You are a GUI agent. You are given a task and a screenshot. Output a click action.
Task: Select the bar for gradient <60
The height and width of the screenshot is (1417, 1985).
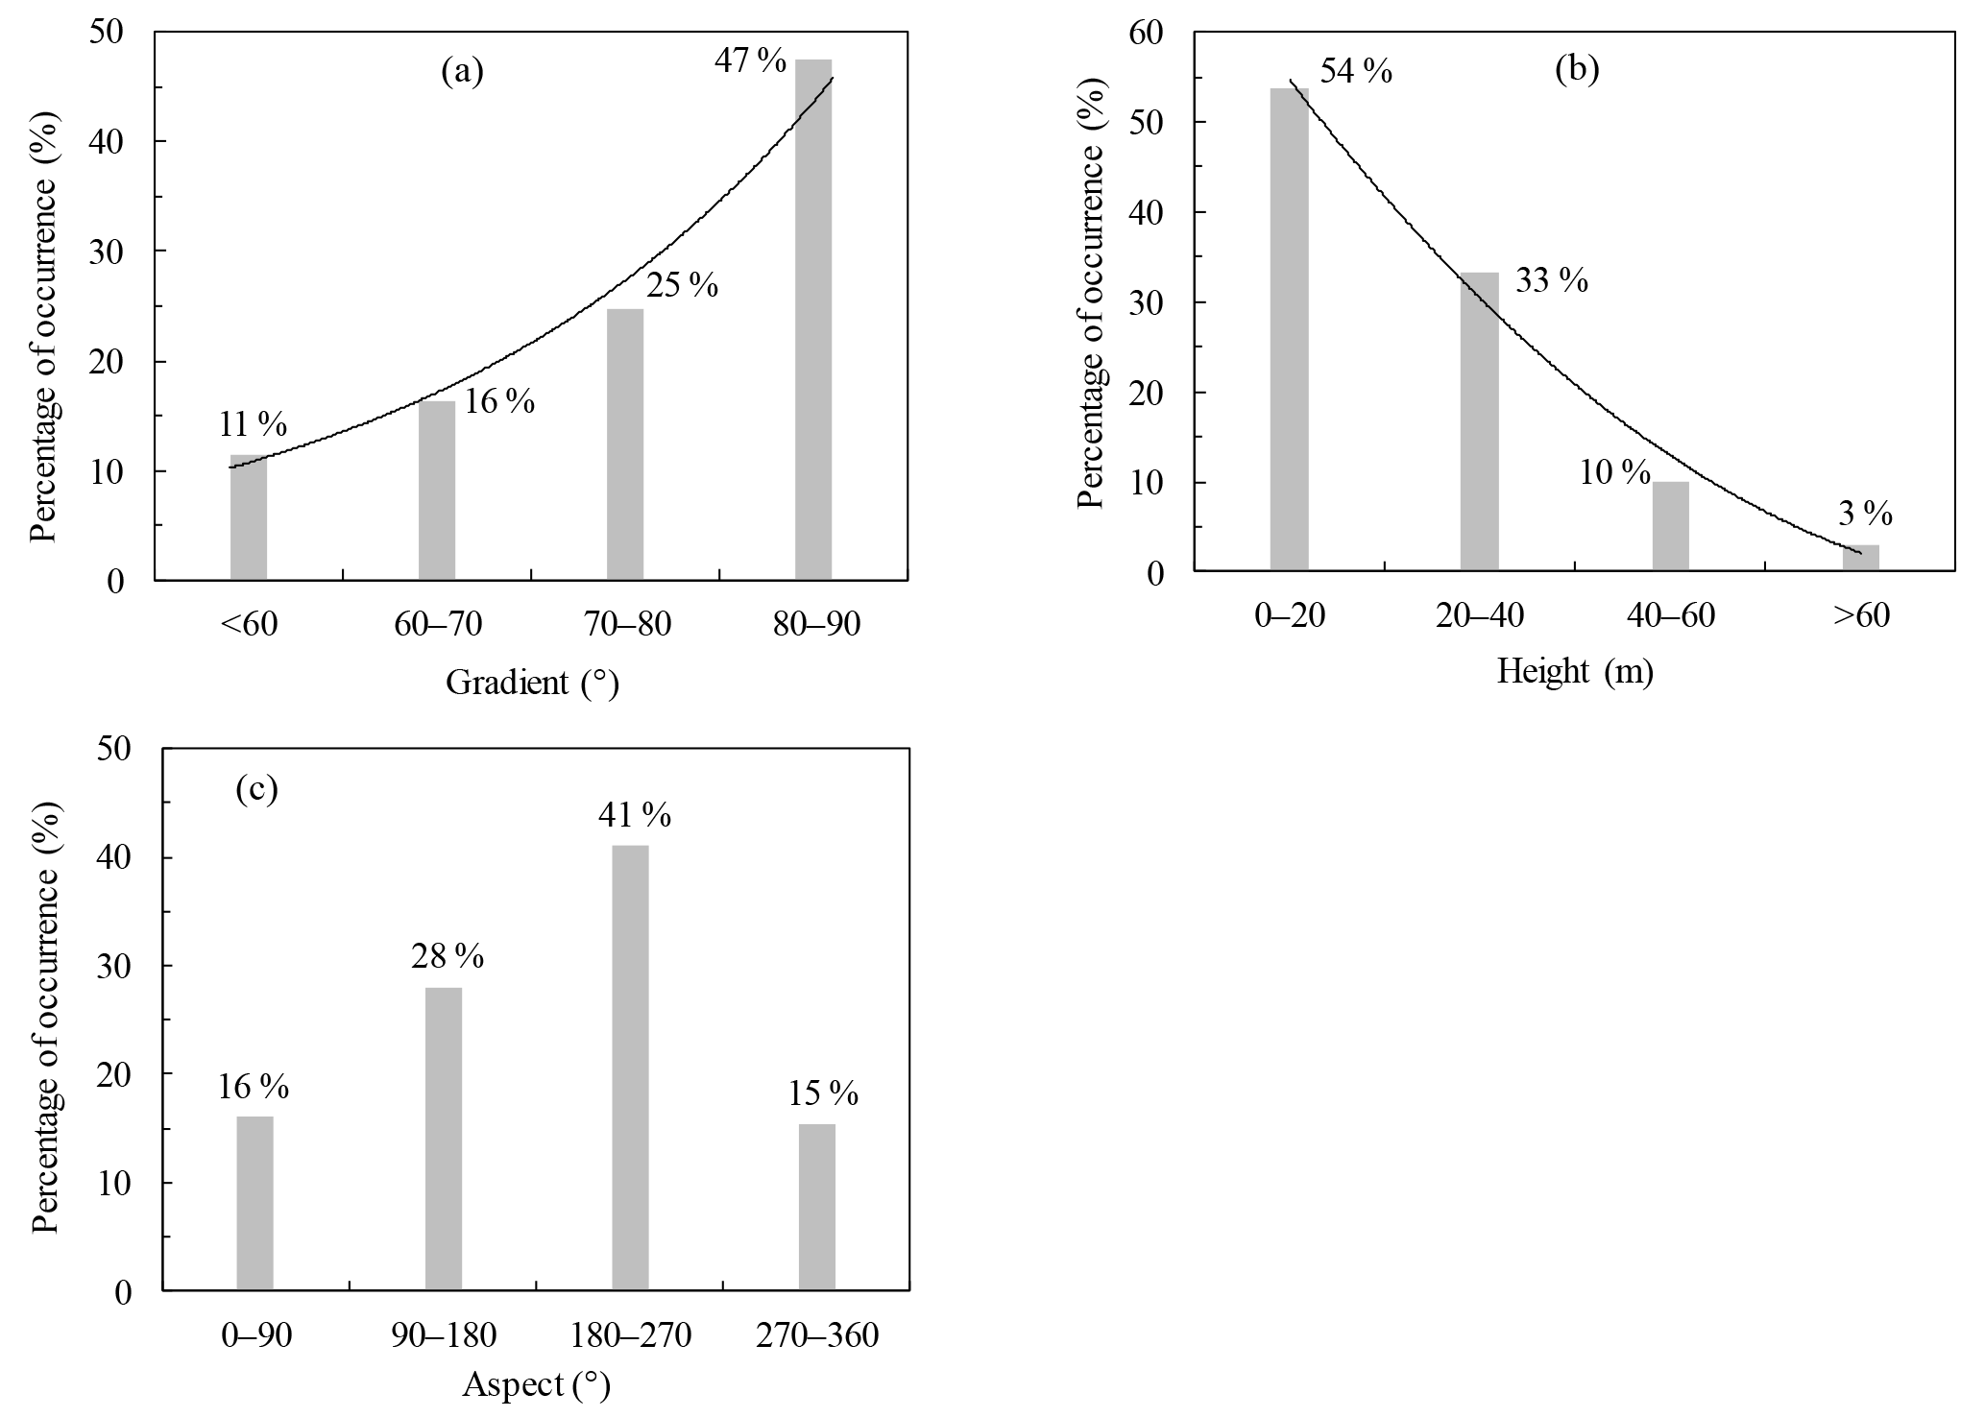(248, 517)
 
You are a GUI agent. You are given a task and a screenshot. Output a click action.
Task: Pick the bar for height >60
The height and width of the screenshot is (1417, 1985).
(1860, 558)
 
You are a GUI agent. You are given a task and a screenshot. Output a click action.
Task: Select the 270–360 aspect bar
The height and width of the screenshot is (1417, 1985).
(816, 1207)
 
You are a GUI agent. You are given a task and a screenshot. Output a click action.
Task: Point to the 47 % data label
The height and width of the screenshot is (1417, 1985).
(750, 61)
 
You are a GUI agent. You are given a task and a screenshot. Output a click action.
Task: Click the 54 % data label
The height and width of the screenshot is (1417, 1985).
(1356, 71)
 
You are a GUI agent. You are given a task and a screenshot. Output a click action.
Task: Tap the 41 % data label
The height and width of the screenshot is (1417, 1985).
(634, 816)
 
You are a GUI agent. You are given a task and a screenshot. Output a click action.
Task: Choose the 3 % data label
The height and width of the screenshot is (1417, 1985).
(1865, 515)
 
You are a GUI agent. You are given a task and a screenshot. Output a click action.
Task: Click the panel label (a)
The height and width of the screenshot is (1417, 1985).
(462, 72)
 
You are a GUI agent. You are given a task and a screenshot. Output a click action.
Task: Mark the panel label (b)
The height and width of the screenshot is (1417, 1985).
(1577, 69)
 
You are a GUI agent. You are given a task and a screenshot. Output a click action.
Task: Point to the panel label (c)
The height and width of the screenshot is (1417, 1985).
(256, 789)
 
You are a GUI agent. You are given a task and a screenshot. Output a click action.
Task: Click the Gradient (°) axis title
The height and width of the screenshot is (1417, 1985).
(532, 684)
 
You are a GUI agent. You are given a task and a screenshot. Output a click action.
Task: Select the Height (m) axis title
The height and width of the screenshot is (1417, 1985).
(1575, 672)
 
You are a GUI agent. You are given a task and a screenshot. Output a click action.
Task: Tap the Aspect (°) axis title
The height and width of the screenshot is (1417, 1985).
(536, 1384)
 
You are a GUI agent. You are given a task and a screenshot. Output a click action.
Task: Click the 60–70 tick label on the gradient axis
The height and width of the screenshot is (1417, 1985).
(438, 625)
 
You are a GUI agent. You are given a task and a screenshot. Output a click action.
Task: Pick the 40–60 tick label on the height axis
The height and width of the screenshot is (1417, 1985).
(1671, 615)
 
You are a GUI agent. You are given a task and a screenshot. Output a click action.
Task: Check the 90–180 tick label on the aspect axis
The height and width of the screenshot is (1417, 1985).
(444, 1335)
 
